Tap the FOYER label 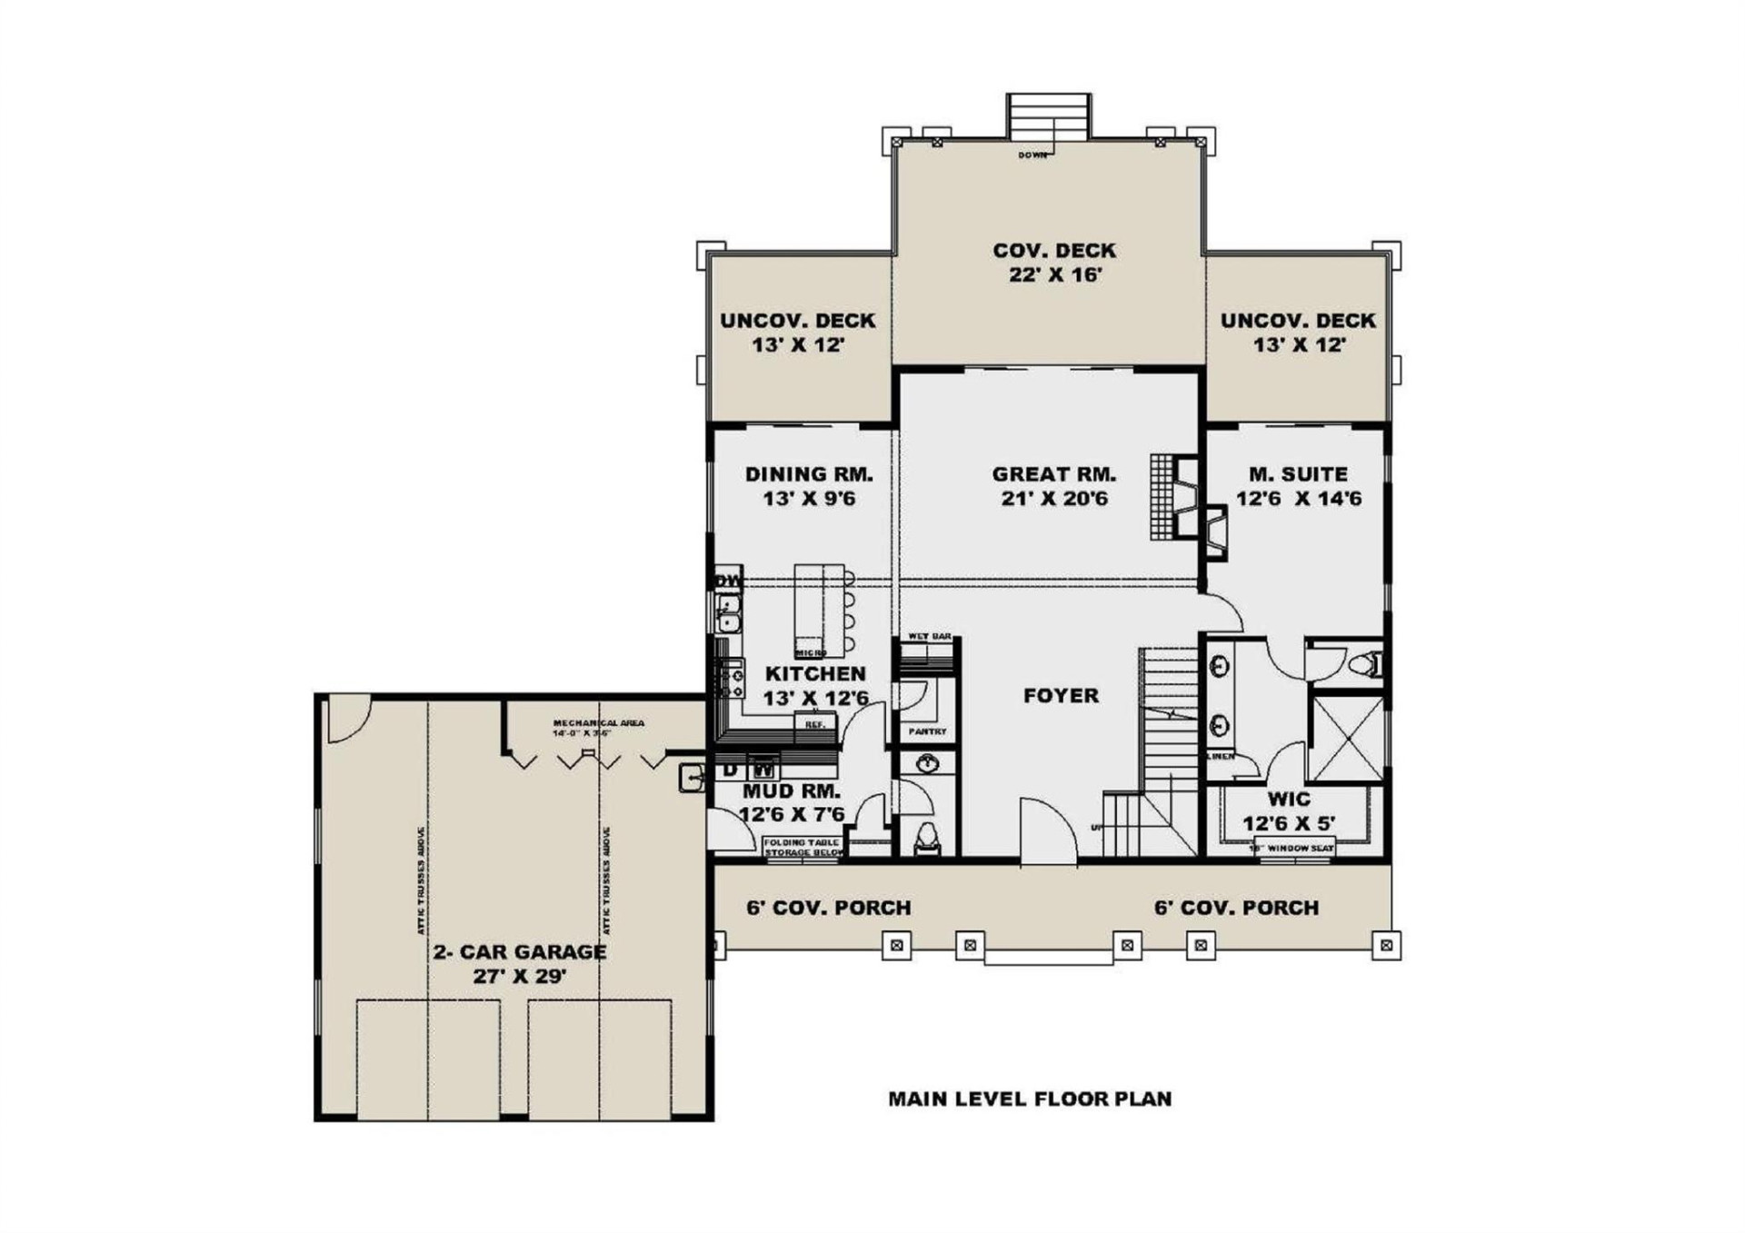(1061, 695)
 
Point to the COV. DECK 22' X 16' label (1053, 262)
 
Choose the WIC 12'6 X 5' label (1289, 810)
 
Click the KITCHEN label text (815, 673)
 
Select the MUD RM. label (791, 791)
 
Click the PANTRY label (927, 731)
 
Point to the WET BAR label (929, 636)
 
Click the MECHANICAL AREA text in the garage (598, 723)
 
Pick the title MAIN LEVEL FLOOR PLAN (1029, 1099)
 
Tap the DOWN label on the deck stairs (1032, 155)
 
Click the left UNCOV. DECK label (797, 332)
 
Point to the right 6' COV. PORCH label (1236, 907)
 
